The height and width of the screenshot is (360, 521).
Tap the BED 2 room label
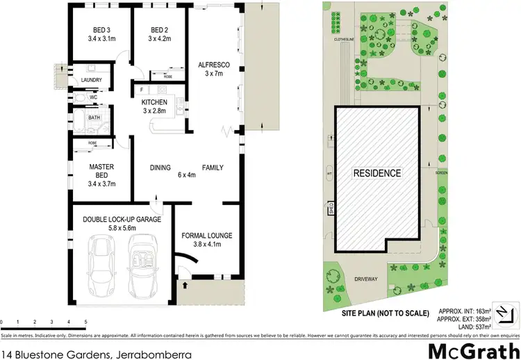pos(160,30)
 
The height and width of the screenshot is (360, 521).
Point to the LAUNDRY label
pos(92,80)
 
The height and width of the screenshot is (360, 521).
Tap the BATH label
pos(93,118)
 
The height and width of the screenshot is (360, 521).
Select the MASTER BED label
pos(101,170)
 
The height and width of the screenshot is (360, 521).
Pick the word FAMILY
pos(213,167)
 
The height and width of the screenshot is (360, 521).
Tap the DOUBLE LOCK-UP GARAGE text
pos(122,220)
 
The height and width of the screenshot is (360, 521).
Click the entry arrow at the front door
pos(185,284)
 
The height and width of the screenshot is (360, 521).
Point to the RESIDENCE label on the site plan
pos(377,173)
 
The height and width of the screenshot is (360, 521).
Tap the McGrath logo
pos(474,349)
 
